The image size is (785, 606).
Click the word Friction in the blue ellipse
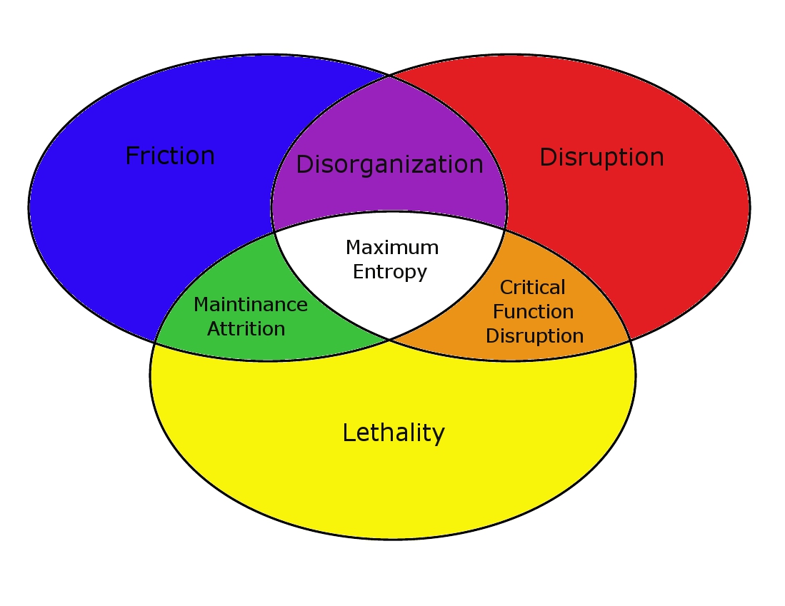click(x=170, y=156)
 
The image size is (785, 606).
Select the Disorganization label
click(x=389, y=164)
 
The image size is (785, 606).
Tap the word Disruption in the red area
click(x=601, y=157)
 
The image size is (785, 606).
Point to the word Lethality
click(x=394, y=433)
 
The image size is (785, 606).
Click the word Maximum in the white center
click(x=392, y=248)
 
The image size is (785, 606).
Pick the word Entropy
click(x=390, y=272)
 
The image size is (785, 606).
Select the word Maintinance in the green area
click(x=251, y=305)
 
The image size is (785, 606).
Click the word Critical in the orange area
click(x=533, y=288)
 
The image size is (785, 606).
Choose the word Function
click(x=534, y=312)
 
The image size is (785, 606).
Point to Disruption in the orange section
click(x=534, y=335)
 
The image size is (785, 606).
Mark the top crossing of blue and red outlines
click(x=389, y=75)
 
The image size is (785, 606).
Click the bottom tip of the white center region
click(x=389, y=339)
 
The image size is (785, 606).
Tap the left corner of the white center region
click(x=275, y=232)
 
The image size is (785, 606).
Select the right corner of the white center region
click(x=506, y=229)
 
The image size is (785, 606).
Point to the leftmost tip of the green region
click(x=155, y=343)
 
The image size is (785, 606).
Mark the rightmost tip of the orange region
click(x=630, y=340)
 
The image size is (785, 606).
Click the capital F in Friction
click(x=131, y=156)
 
